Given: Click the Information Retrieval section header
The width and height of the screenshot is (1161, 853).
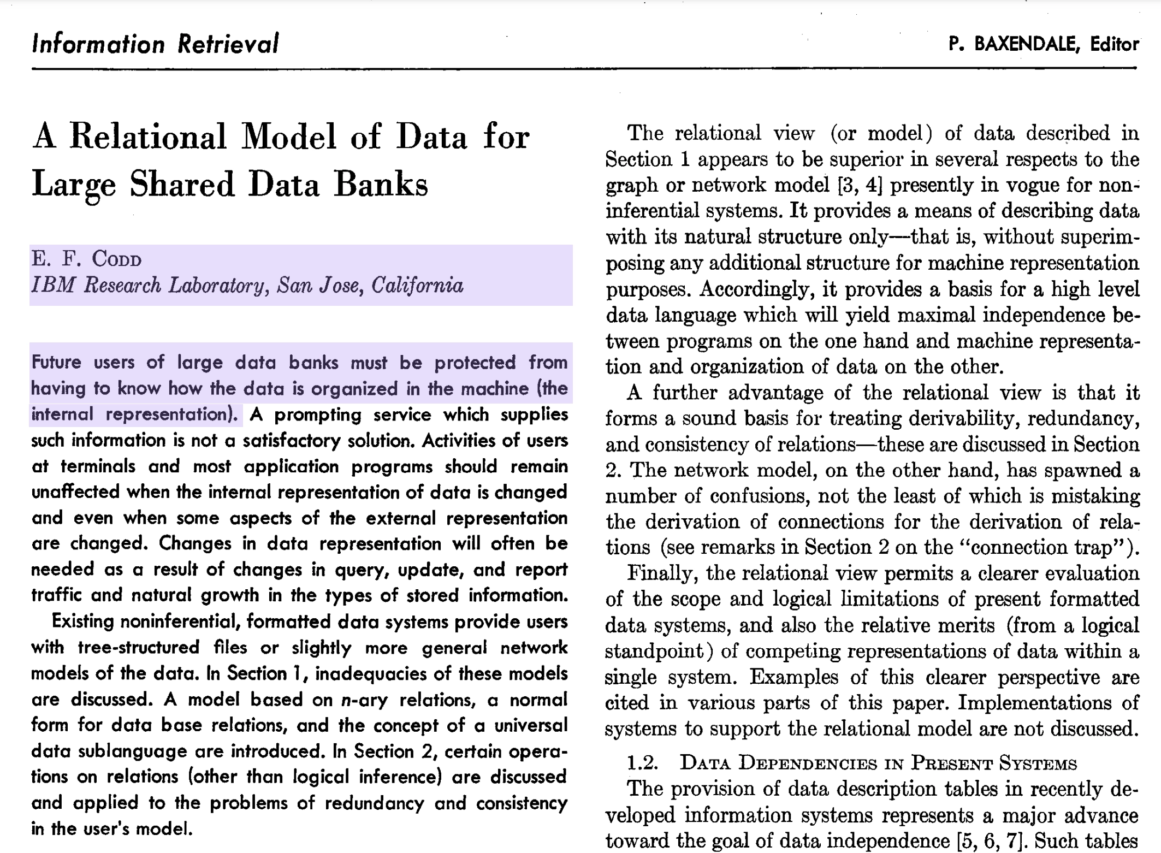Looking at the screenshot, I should tap(156, 44).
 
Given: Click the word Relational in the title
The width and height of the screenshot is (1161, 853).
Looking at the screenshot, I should tap(148, 137).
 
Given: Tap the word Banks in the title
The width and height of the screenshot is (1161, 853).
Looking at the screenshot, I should tap(381, 185).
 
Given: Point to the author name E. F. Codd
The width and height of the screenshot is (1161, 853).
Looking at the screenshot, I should tap(86, 259).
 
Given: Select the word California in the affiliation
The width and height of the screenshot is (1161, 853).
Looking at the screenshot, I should tap(417, 286).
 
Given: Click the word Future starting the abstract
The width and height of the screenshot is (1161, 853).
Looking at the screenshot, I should tap(56, 362).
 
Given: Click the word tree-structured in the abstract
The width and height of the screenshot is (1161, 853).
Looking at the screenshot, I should tap(139, 648).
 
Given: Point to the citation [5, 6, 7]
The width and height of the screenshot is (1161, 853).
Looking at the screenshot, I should tap(990, 841).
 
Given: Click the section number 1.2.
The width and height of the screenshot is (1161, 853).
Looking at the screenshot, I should tap(642, 763).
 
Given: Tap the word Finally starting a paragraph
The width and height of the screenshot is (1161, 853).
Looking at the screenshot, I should tap(662, 573).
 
